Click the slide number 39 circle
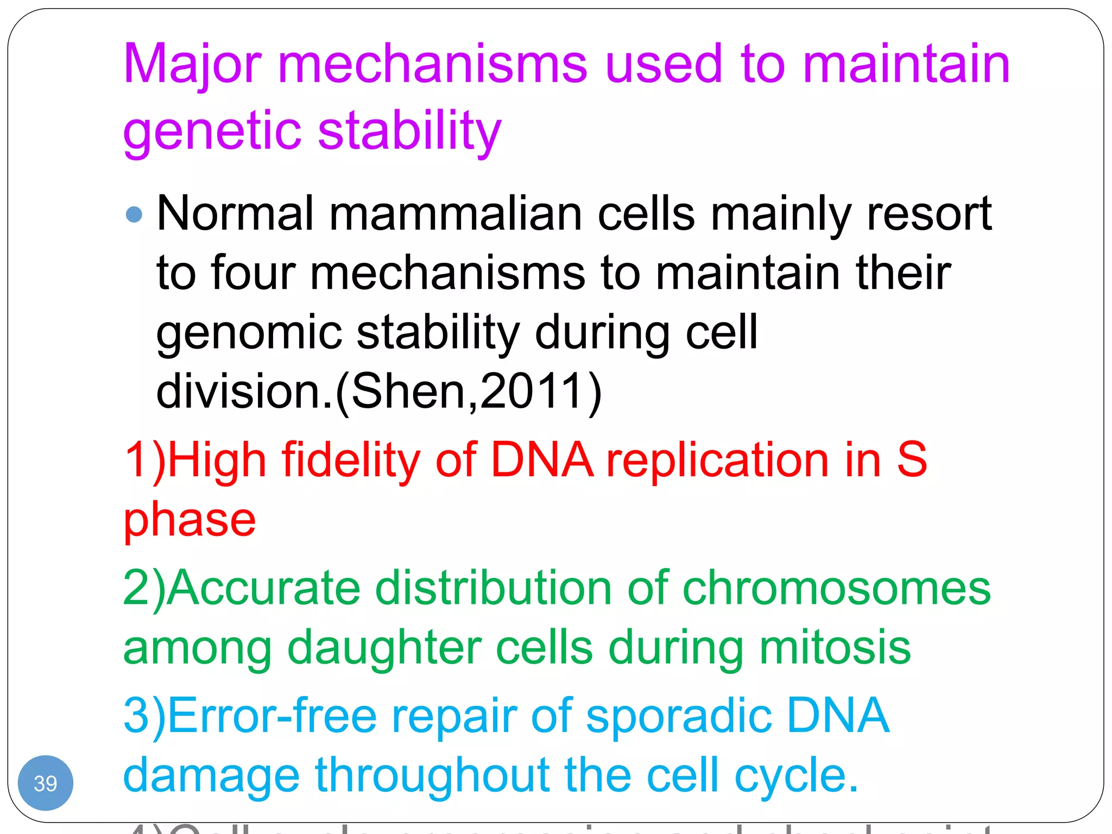tap(46, 783)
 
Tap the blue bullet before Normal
tap(134, 214)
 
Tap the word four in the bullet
tap(253, 273)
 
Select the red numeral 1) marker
tap(144, 460)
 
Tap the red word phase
tap(189, 520)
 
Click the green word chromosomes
tap(836, 589)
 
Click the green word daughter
tap(384, 647)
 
